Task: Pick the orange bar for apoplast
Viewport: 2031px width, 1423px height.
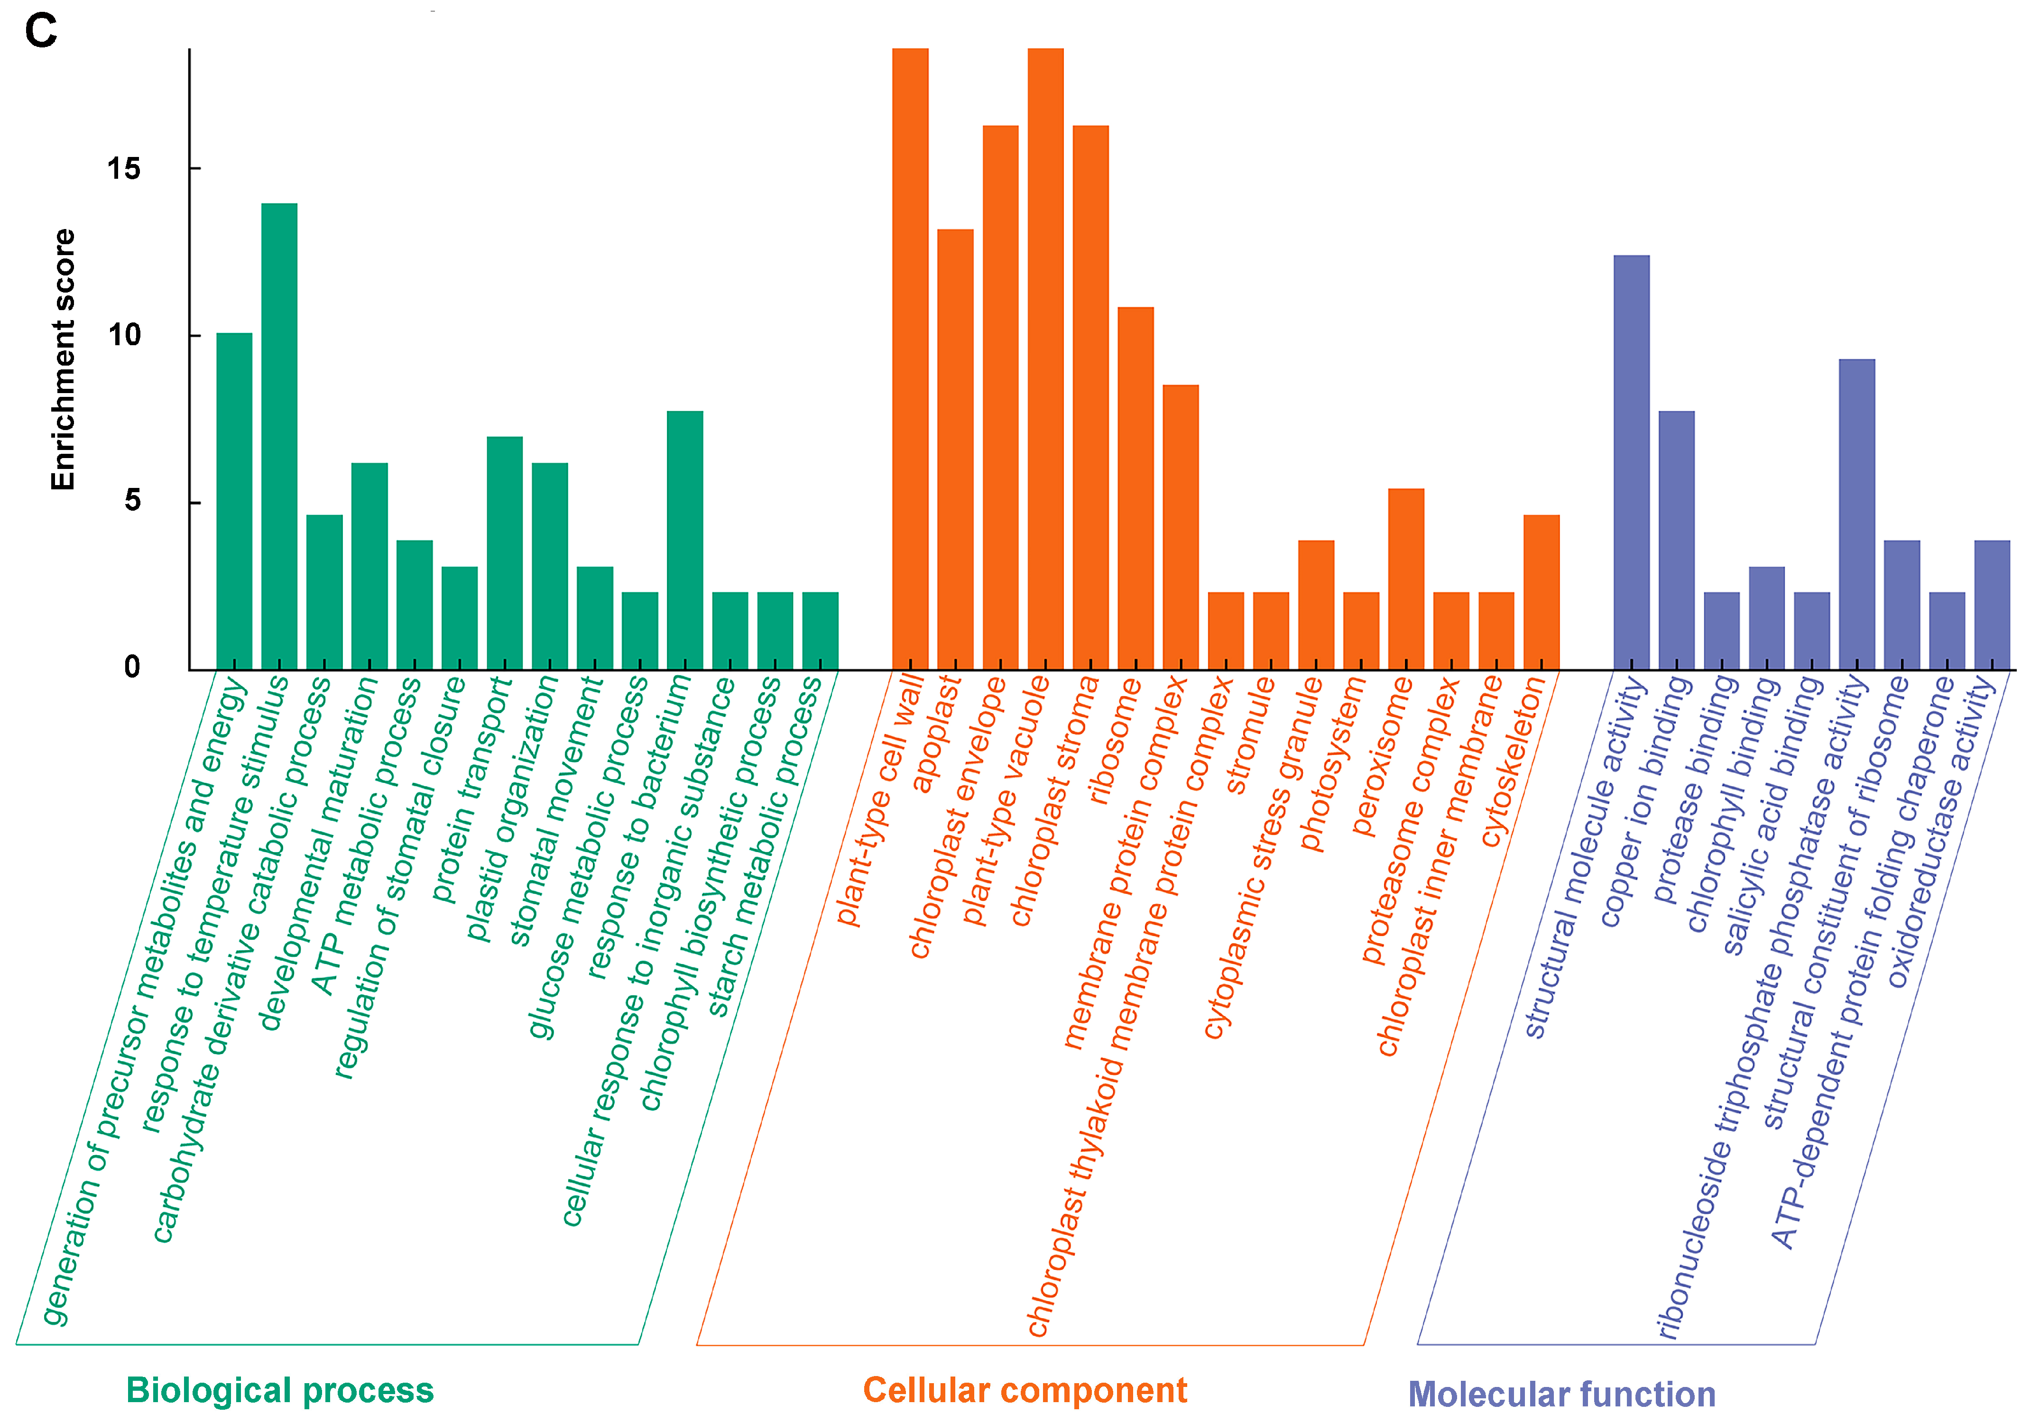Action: (955, 449)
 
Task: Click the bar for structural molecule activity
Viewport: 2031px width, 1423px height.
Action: (1631, 462)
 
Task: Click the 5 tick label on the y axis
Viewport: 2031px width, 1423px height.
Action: (133, 502)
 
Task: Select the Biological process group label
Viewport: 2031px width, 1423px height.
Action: (279, 1390)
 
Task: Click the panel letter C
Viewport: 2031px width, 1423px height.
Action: (41, 32)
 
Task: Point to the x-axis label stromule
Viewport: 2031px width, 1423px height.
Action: (1250, 736)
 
